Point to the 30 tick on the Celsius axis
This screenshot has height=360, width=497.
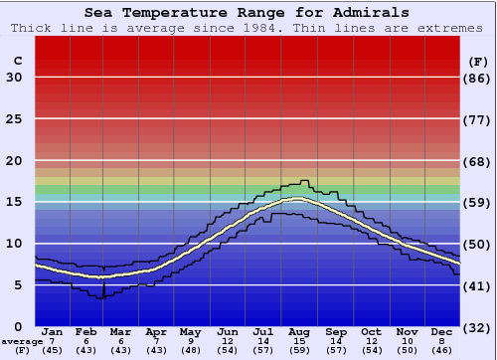click(x=14, y=78)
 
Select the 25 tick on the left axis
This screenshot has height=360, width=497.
click(x=14, y=119)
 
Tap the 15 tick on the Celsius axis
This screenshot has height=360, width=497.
click(x=14, y=202)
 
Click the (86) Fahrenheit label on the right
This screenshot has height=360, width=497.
click(x=478, y=78)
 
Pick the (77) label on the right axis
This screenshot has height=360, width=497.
click(x=478, y=119)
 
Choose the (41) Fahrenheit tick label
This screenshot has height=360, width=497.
click(x=478, y=285)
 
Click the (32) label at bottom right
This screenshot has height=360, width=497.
click(x=478, y=327)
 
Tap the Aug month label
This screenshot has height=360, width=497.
click(x=298, y=331)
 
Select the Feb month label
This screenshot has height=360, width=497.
click(x=87, y=331)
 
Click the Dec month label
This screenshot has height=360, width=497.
click(x=441, y=331)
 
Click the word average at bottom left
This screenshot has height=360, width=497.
click(x=21, y=341)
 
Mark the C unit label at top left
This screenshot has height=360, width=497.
click(x=17, y=61)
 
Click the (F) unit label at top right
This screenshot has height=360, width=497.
click(x=478, y=61)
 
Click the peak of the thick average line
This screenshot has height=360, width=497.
click(x=298, y=199)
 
